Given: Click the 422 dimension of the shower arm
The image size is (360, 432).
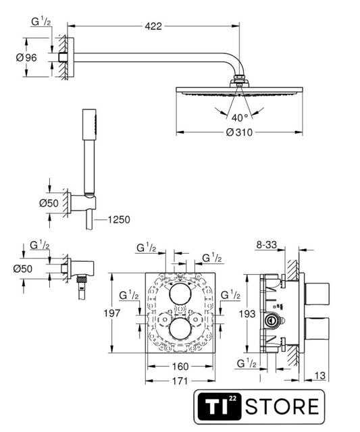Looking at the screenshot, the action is [153, 26].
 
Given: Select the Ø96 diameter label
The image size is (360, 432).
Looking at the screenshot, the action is [26, 57].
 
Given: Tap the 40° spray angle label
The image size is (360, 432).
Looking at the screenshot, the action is [240, 118].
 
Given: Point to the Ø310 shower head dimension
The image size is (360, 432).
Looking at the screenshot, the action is [239, 132].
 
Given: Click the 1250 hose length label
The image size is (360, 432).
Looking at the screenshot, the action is [119, 219].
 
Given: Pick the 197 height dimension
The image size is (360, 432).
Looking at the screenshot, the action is [112, 313].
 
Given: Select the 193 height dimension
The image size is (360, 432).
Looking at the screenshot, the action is [247, 313].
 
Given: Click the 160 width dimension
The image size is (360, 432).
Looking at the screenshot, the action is [180, 367].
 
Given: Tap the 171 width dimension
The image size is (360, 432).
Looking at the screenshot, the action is [180, 381].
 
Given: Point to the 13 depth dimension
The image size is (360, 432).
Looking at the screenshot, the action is [319, 375].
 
